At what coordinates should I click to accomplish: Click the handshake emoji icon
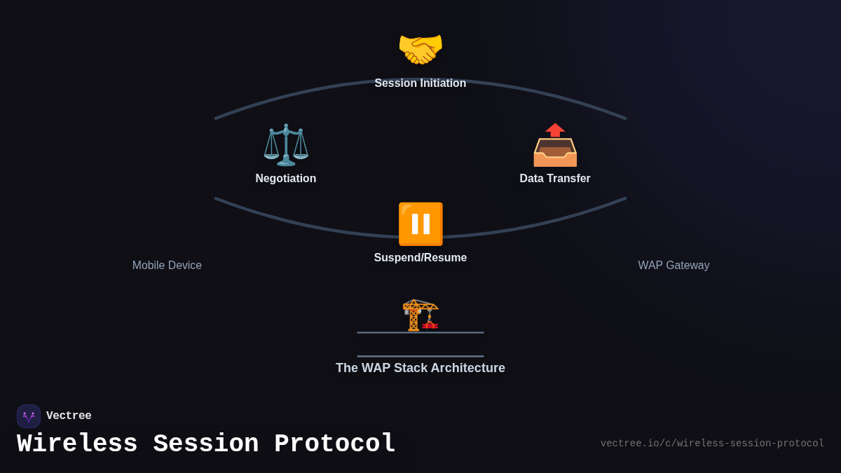pyautogui.click(x=420, y=50)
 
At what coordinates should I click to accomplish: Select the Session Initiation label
pyautogui.click(x=420, y=83)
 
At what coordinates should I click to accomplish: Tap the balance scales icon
pyautogui.click(x=286, y=145)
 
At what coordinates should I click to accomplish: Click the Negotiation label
pyautogui.click(x=286, y=179)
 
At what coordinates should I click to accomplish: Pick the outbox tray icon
pyautogui.click(x=555, y=147)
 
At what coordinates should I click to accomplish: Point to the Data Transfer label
pyautogui.click(x=555, y=179)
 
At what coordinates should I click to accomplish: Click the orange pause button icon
pyautogui.click(x=420, y=224)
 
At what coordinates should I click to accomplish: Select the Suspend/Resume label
pyautogui.click(x=420, y=258)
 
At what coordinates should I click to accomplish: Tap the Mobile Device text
pyautogui.click(x=167, y=266)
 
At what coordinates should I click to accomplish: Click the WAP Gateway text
pyautogui.click(x=674, y=266)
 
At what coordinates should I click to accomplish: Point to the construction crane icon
pyautogui.click(x=420, y=315)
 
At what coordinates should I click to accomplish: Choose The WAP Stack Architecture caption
pyautogui.click(x=420, y=368)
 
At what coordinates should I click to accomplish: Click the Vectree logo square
pyautogui.click(x=29, y=416)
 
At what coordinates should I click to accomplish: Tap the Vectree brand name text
pyautogui.click(x=69, y=416)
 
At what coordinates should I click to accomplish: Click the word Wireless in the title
pyautogui.click(x=77, y=444)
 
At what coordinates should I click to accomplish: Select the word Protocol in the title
pyautogui.click(x=335, y=444)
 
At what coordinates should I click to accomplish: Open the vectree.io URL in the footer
pyautogui.click(x=712, y=444)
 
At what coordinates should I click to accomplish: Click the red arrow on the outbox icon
pyautogui.click(x=555, y=130)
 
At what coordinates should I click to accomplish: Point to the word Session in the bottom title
pyautogui.click(x=206, y=444)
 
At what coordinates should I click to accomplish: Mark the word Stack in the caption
pyautogui.click(x=412, y=368)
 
